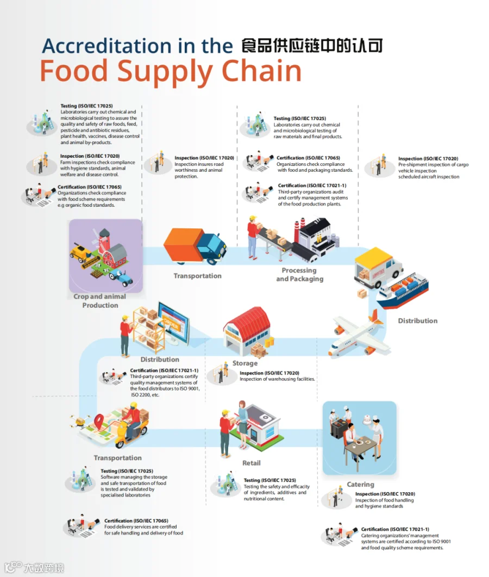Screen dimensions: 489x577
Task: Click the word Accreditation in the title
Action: tap(106, 46)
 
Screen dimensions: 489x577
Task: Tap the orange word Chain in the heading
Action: tap(261, 71)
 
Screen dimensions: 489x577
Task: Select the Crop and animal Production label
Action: tap(99, 301)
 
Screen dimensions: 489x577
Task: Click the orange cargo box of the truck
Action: tap(183, 244)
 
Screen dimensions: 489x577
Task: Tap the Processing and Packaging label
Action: tap(300, 275)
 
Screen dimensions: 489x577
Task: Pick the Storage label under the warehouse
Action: tap(245, 363)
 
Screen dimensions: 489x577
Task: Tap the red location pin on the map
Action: tap(99, 421)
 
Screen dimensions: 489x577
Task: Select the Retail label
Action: tap(252, 463)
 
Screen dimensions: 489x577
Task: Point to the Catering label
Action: tap(360, 484)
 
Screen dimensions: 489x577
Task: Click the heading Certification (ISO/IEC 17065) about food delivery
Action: tap(136, 520)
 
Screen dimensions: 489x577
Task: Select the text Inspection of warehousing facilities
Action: tap(277, 379)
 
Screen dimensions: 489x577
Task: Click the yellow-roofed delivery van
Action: tap(378, 268)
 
